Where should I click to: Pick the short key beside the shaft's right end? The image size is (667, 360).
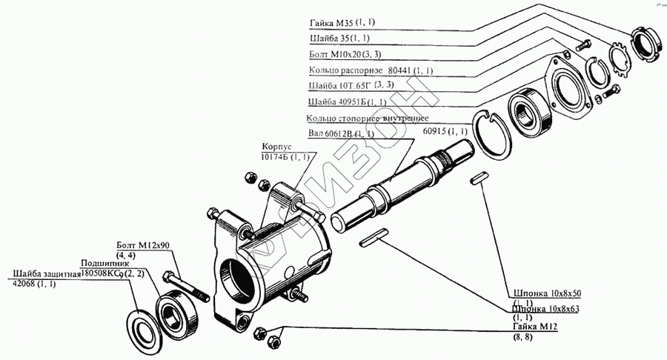coord(478,178)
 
